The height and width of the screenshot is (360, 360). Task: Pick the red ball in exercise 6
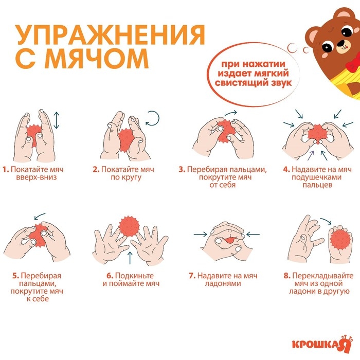[129, 226]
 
